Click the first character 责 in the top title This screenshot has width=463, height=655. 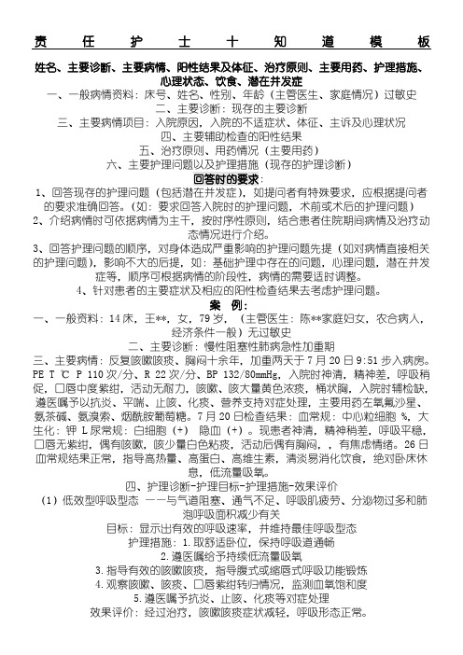(40, 44)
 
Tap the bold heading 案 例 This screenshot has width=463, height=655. (229, 254)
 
